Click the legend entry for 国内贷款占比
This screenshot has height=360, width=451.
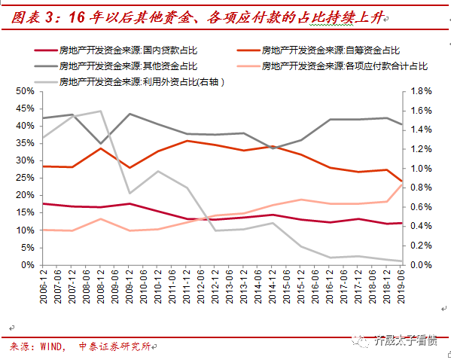tap(128, 51)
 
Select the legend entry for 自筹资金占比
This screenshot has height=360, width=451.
tap(331, 51)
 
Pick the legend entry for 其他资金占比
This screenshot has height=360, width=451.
tap(128, 66)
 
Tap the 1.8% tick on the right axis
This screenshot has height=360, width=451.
tap(420, 91)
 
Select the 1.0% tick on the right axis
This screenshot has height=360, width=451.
tap(420, 168)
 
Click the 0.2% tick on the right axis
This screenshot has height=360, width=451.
tap(420, 246)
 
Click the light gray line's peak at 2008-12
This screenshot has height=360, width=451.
tap(100, 111)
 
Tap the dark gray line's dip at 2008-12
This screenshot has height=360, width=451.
tap(100, 143)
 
